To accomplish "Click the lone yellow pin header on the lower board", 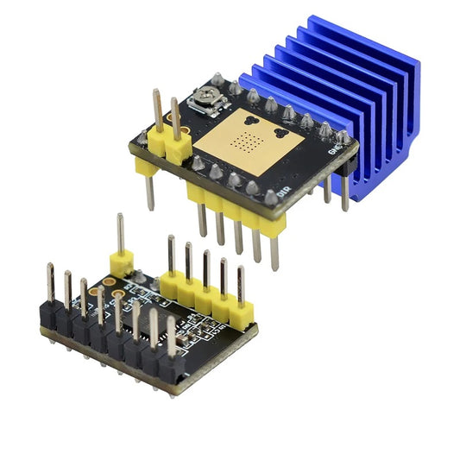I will point(121,261).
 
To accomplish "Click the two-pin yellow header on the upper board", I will point(169,143).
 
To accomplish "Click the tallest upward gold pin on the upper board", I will point(159,108).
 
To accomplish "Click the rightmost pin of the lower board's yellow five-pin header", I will point(241,285).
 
